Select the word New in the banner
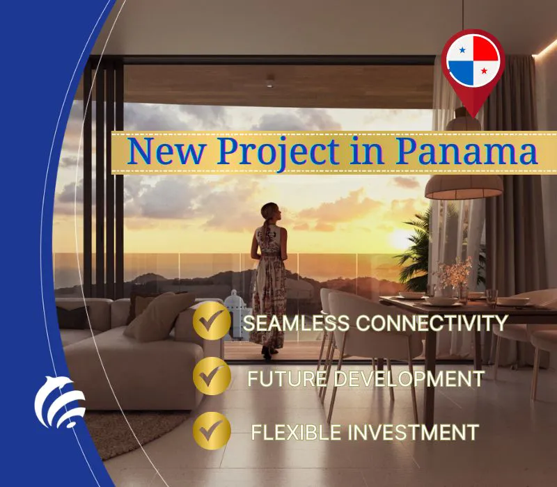tap(166, 151)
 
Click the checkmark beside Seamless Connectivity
tap(212, 321)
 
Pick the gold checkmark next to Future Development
tap(212, 376)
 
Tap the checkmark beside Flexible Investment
tap(212, 431)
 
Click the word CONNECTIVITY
tap(431, 323)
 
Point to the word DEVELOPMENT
tap(409, 378)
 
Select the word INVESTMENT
tap(413, 432)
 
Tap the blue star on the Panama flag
tap(462, 50)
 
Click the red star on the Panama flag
tap(484, 71)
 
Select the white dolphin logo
tap(59, 402)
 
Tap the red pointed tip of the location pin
tap(473, 116)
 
